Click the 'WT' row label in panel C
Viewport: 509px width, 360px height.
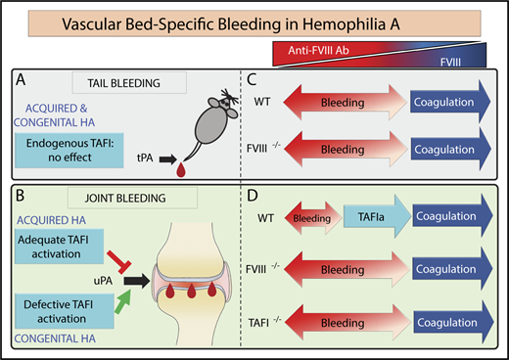click(285, 99)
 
